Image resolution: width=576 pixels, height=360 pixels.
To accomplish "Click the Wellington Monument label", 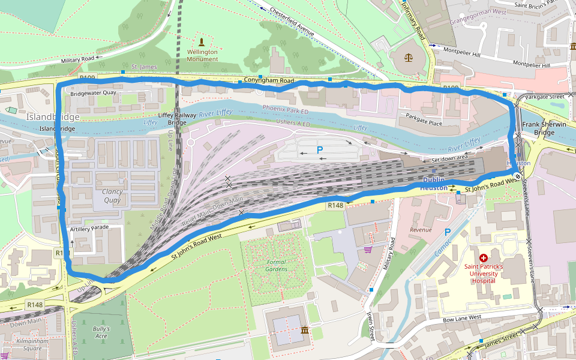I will click(202, 55).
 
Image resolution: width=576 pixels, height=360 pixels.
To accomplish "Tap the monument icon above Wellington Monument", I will click(202, 42).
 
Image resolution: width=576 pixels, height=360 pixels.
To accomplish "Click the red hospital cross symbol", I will click(483, 257).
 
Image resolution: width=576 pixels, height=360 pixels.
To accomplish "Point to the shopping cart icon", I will click(367, 249).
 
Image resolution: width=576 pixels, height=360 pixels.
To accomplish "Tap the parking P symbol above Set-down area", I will click(320, 150).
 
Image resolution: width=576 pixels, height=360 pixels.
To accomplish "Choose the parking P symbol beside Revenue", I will click(447, 232).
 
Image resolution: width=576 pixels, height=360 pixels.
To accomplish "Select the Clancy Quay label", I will click(112, 196).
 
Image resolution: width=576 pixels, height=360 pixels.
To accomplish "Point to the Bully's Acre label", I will click(101, 332).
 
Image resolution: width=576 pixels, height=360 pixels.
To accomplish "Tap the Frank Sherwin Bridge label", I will click(543, 128).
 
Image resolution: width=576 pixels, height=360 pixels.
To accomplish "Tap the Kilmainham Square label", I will click(37, 344).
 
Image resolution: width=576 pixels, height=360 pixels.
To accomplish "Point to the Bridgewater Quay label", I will click(93, 93).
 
